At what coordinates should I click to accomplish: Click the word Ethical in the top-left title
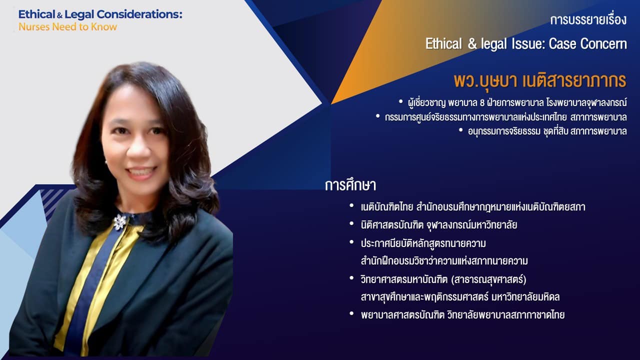tap(36, 14)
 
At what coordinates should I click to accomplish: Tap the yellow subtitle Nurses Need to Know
tap(67, 27)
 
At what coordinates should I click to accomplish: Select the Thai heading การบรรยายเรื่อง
tap(588, 20)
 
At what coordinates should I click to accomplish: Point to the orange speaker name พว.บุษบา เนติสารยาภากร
tap(540, 80)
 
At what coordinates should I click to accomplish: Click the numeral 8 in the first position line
tap(482, 103)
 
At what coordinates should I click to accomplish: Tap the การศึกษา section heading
tap(350, 185)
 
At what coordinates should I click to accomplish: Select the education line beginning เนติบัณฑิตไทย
tap(473, 207)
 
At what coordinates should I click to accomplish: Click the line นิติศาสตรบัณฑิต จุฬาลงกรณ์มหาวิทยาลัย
tap(439, 225)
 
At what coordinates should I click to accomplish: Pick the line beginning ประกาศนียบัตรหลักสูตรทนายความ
tap(423, 243)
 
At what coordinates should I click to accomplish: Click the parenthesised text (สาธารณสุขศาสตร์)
tap(488, 279)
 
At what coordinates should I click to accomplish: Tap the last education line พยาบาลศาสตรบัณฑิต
tap(462, 315)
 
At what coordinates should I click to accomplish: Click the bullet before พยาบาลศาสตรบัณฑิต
tap(351, 313)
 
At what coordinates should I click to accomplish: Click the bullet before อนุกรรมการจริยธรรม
tap(460, 130)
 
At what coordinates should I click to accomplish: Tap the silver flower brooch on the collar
tap(120, 222)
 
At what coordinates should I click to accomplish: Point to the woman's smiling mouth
tap(141, 172)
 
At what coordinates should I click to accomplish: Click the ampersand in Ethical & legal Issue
tap(472, 44)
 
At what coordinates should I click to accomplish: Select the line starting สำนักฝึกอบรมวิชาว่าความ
tap(444, 261)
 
